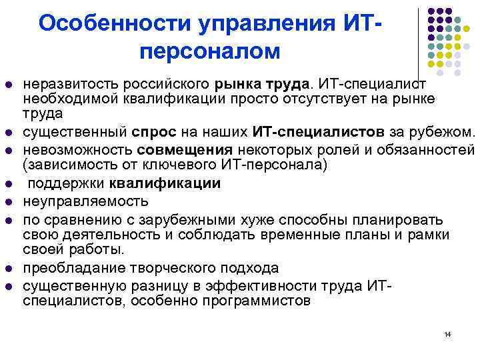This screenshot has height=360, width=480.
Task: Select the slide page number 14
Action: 447,333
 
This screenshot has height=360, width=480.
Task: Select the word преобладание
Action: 71,268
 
